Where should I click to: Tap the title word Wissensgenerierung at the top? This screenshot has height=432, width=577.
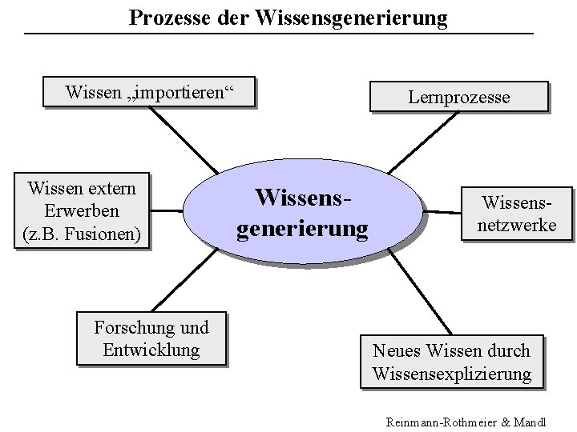pos(353,17)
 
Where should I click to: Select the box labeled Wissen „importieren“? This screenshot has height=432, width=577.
pos(150,93)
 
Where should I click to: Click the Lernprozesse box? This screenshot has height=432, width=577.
pos(458,97)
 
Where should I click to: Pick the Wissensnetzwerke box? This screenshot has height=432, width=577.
pos(517,214)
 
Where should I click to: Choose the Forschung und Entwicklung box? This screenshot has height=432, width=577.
pos(151,338)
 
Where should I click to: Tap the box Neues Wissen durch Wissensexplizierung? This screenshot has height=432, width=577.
pos(451,362)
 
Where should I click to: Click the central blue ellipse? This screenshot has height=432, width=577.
pos(303,213)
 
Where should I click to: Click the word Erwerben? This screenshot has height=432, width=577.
pos(82,212)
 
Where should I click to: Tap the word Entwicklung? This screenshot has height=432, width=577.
pos(151,350)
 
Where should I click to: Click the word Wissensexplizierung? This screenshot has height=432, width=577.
pos(451,373)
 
